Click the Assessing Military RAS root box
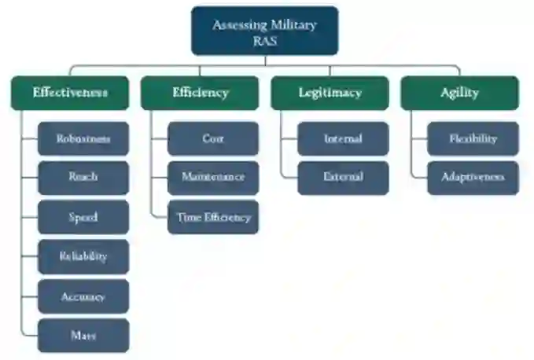click(264, 31)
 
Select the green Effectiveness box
click(70, 93)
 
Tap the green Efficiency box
click(200, 93)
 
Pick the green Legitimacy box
click(330, 93)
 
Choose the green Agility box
click(459, 93)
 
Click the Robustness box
click(83, 138)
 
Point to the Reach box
click(83, 178)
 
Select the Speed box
click(83, 217)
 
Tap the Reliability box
click(83, 256)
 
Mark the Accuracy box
click(83, 296)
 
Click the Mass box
click(83, 336)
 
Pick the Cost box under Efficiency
click(213, 138)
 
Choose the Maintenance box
click(213, 178)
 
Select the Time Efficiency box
click(213, 217)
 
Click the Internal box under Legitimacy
click(343, 138)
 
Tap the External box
click(343, 178)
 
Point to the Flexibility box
click(473, 138)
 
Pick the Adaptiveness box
click(473, 178)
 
